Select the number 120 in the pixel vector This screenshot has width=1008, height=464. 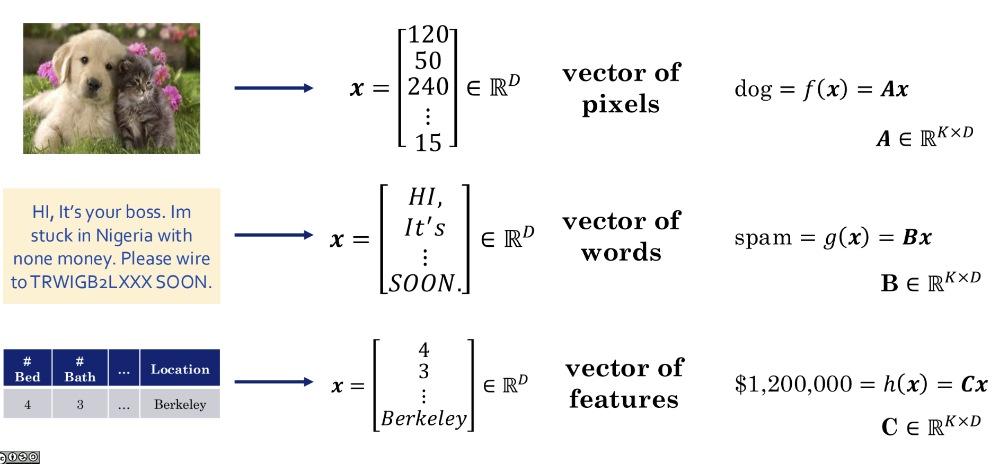coord(428,35)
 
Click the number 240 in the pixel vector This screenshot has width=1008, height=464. coord(428,87)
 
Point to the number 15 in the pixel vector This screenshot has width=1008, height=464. coord(428,143)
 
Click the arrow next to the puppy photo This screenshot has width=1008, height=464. coord(273,88)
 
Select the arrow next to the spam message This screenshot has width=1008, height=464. coord(273,235)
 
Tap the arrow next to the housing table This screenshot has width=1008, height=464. coord(273,382)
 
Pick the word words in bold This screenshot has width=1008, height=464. coord(621,253)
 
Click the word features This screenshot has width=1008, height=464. coord(624,399)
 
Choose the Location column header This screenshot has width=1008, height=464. coord(180,369)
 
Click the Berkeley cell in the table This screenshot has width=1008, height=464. coord(180,405)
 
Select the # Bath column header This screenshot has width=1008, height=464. coord(80,369)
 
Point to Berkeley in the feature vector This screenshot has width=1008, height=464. coord(424,419)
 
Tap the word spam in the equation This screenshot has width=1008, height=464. coord(763,238)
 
